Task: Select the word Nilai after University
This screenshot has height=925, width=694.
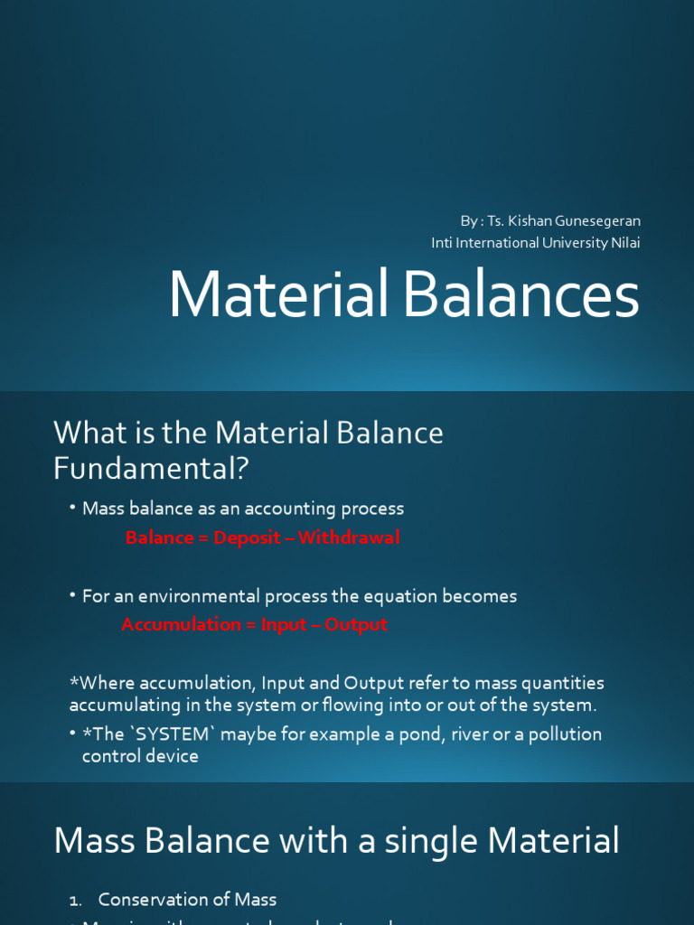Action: pyautogui.click(x=626, y=242)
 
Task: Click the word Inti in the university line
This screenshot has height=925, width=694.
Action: pyautogui.click(x=442, y=242)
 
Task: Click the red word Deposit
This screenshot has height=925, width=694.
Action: pyautogui.click(x=246, y=537)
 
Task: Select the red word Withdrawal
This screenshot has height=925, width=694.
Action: pyautogui.click(x=349, y=537)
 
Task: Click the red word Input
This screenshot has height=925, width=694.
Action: pyautogui.click(x=283, y=624)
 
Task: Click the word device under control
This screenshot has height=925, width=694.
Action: pyautogui.click(x=173, y=756)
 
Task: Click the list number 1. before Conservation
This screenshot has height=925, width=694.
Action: pyautogui.click(x=76, y=900)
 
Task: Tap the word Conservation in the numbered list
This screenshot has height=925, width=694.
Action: pyautogui.click(x=153, y=899)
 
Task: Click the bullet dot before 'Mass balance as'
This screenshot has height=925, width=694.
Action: pyautogui.click(x=73, y=508)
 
